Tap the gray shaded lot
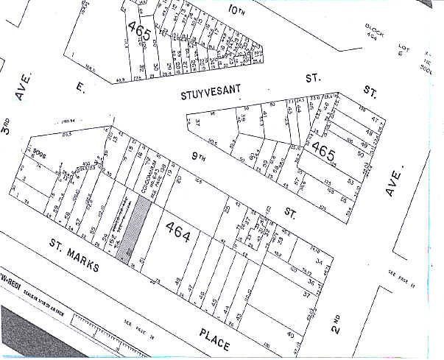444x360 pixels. (134, 227)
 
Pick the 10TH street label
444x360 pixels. (236, 12)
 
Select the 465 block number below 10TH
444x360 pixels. (138, 29)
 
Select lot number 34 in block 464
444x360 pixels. (318, 259)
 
